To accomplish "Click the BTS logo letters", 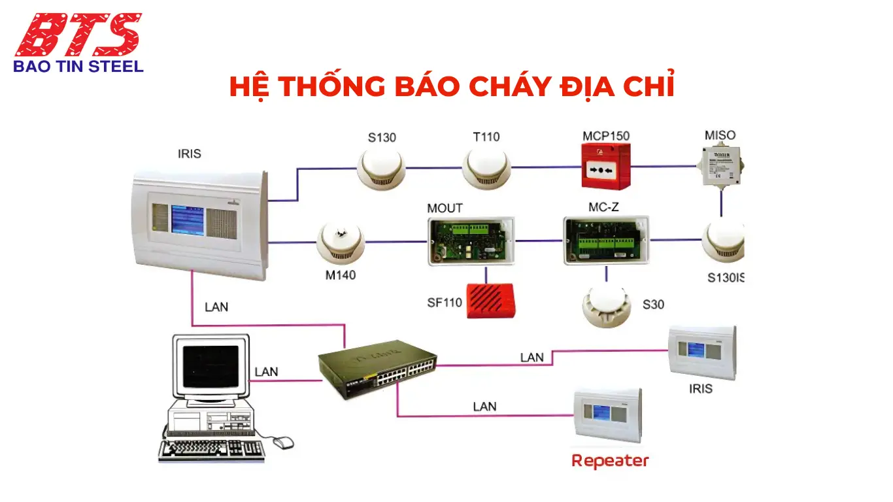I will click(x=78, y=34).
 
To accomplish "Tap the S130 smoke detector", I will click(x=381, y=168).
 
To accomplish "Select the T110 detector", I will click(x=485, y=167).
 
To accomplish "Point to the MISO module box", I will click(x=722, y=165).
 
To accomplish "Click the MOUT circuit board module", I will click(x=471, y=241).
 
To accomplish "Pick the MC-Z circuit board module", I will click(x=607, y=240).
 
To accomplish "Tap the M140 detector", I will click(x=340, y=243).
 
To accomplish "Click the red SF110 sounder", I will click(x=492, y=301).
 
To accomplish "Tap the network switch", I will click(x=377, y=367).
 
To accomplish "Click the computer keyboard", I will click(x=212, y=449).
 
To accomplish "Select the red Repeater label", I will click(x=610, y=460).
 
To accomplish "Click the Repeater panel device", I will click(x=608, y=416).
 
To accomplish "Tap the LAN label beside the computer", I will click(x=266, y=371).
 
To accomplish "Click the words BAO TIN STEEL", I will click(x=78, y=66).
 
